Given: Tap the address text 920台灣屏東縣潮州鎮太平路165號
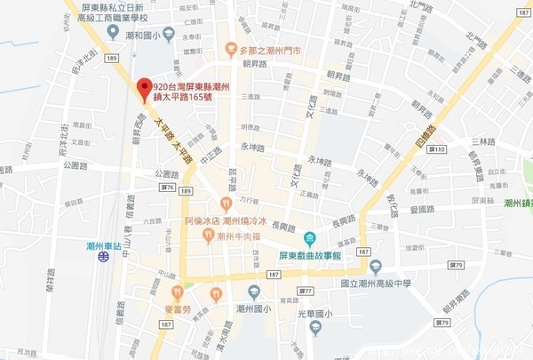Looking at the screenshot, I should pyautogui.click(x=191, y=92).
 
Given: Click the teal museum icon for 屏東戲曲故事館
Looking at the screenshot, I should pyautogui.click(x=309, y=238).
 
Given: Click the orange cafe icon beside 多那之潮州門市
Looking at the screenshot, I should pyautogui.click(x=229, y=50).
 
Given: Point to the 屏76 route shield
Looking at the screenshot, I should pyautogui.click(x=167, y=188).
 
